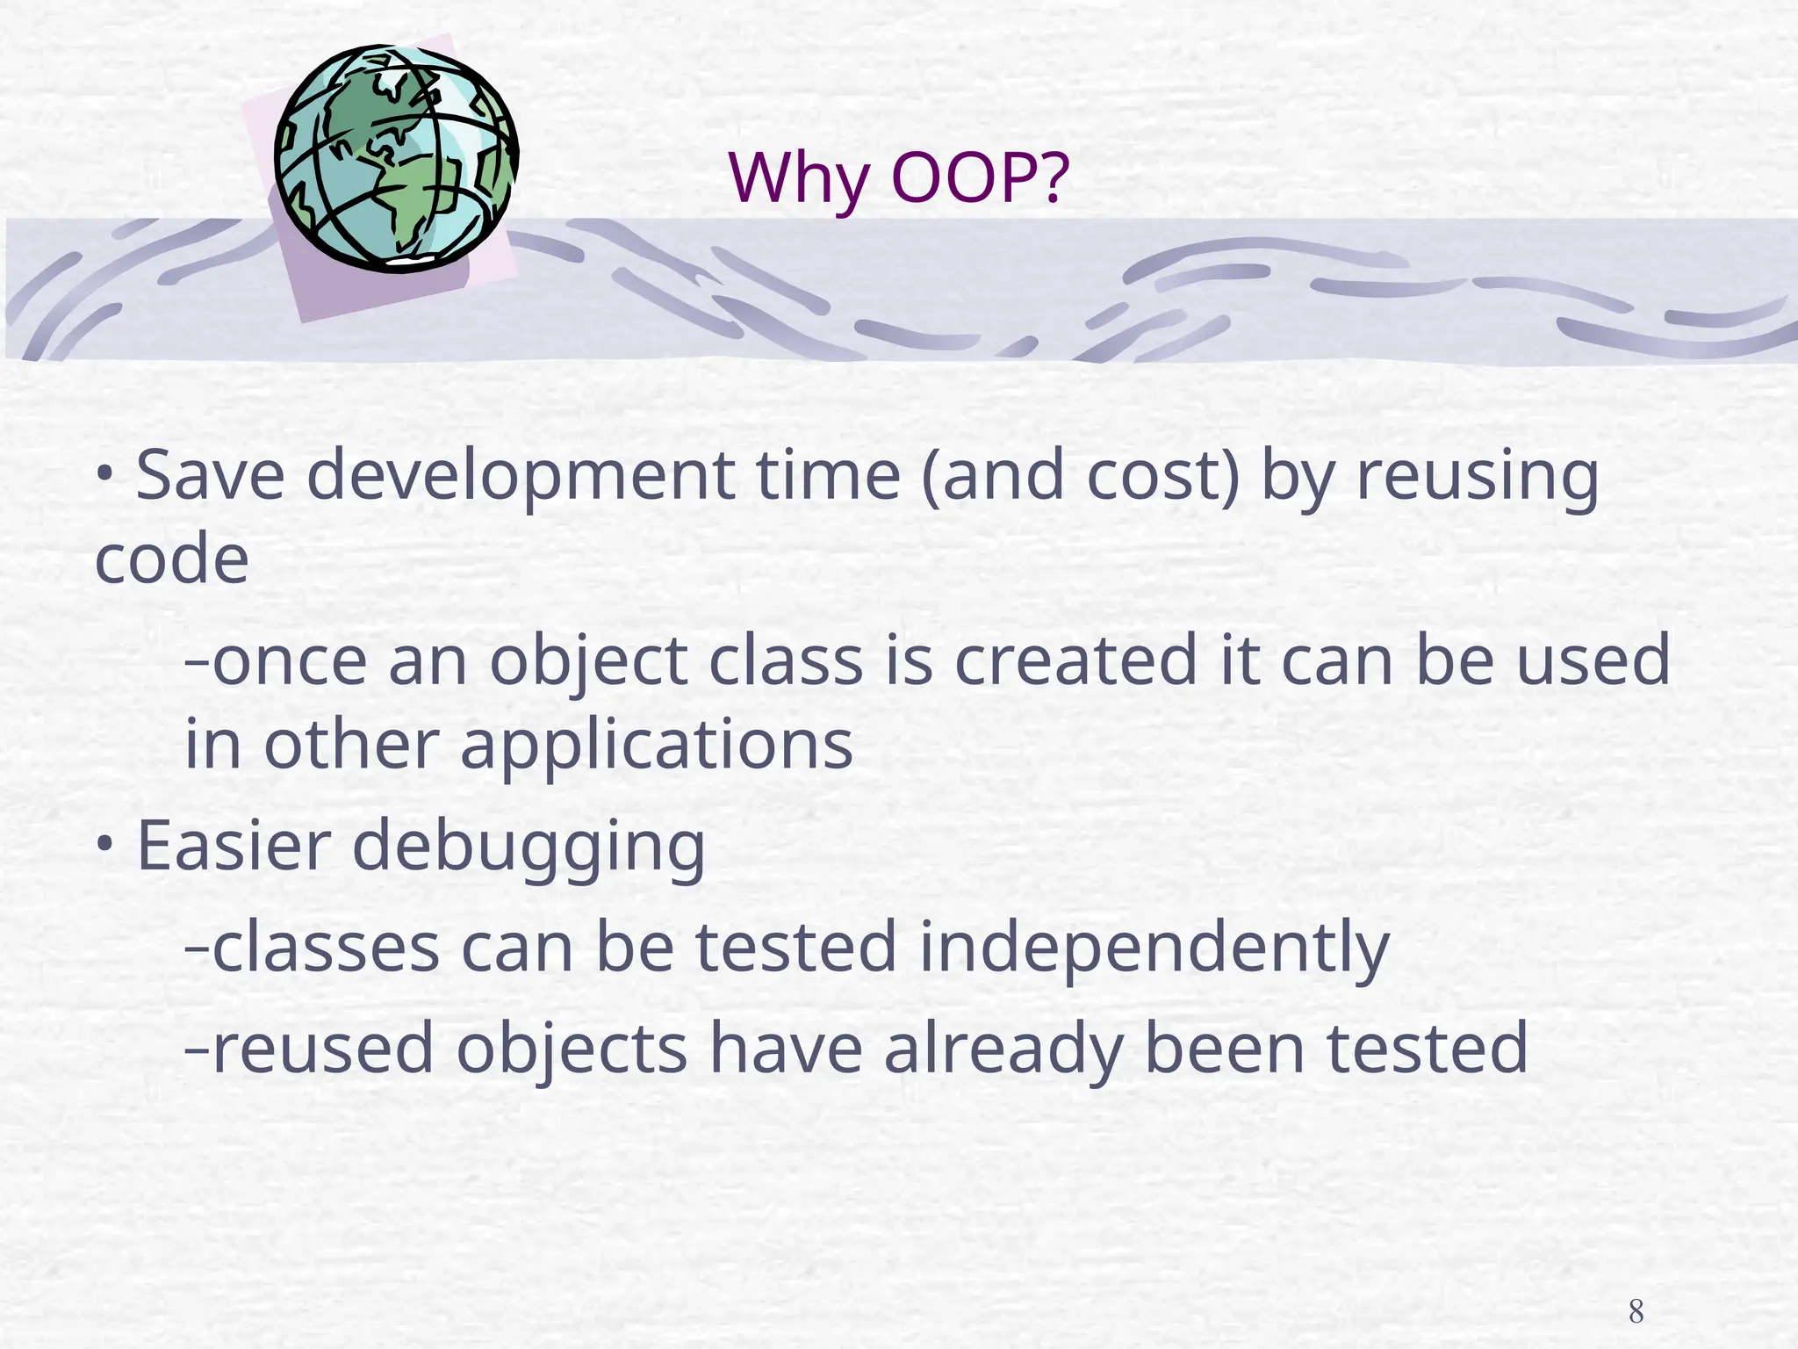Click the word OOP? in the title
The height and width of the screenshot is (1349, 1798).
(x=980, y=178)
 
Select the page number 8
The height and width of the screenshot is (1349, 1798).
(x=1636, y=1312)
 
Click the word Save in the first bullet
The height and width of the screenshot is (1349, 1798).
(x=211, y=475)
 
